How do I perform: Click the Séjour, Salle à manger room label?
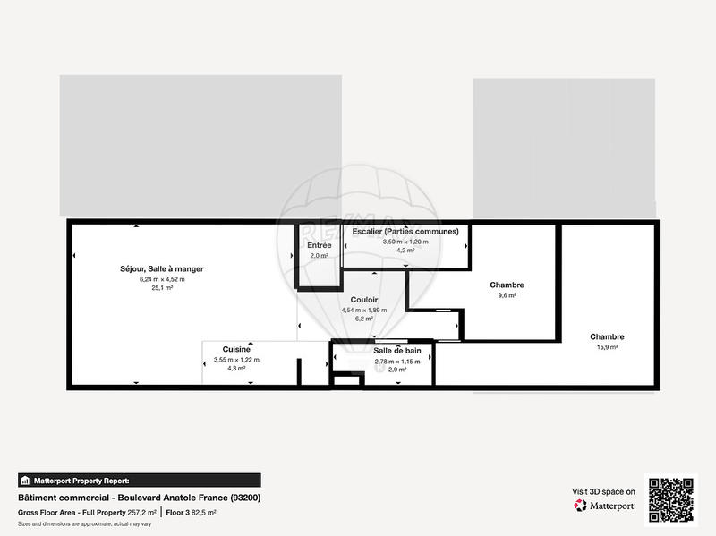[162, 268]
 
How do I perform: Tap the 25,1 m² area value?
[162, 288]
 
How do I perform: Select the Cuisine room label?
[236, 349]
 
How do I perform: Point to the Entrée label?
[320, 245]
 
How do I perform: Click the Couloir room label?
[363, 300]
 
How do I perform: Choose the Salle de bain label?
[396, 351]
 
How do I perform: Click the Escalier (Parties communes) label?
[405, 232]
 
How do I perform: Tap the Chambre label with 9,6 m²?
[507, 285]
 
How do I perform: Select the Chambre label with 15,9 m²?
[607, 337]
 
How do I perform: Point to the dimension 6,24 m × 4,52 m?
[162, 279]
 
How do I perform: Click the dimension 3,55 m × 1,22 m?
[236, 360]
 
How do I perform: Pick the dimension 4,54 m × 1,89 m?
[363, 311]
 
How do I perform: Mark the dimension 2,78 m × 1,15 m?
[396, 362]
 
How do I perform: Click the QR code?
[672, 498]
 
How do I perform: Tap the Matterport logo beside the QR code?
[604, 506]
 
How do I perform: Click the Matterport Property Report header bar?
[140, 481]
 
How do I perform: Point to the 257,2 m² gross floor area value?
[141, 512]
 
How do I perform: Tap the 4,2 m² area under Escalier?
[405, 251]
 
